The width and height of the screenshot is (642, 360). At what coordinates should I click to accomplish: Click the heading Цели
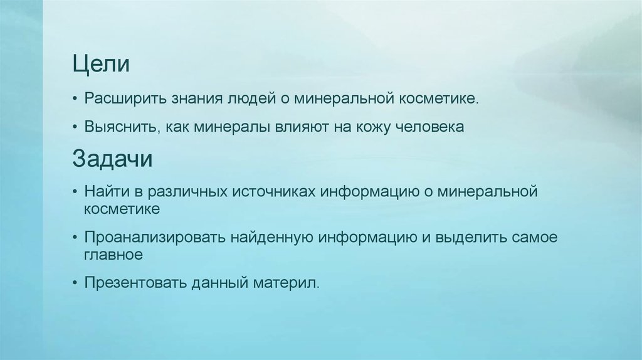[101, 64]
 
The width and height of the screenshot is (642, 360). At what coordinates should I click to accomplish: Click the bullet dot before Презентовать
[75, 283]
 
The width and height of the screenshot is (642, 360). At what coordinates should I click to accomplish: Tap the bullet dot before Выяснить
[75, 127]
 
